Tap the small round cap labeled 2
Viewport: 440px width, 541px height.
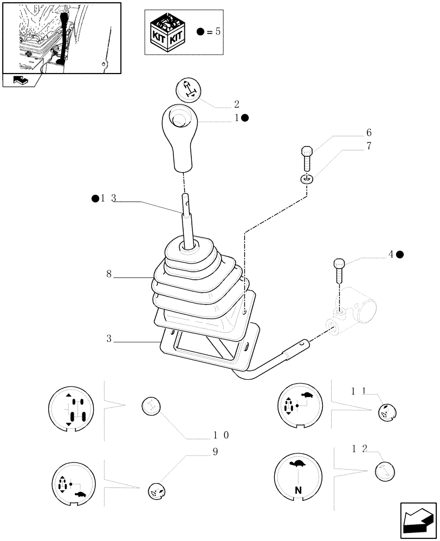coord(189,89)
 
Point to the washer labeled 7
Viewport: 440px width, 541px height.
coord(307,179)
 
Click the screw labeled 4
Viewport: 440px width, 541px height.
coord(339,270)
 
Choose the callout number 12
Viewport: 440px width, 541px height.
coord(359,448)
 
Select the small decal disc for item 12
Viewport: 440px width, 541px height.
coord(385,472)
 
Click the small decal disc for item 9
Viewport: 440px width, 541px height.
coord(156,490)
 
